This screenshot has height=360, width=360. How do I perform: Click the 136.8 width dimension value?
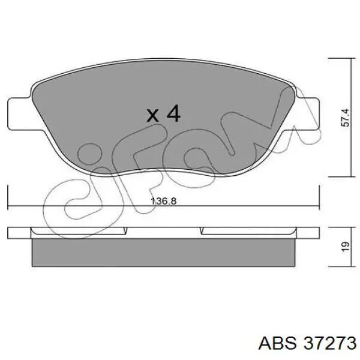(x=164, y=201)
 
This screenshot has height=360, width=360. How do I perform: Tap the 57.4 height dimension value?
(x=346, y=118)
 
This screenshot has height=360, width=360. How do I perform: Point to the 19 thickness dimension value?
(x=346, y=247)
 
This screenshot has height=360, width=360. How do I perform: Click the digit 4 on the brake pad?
(x=173, y=113)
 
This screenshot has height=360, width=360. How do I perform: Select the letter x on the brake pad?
(x=152, y=115)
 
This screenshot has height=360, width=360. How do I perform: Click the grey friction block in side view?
(x=163, y=253)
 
